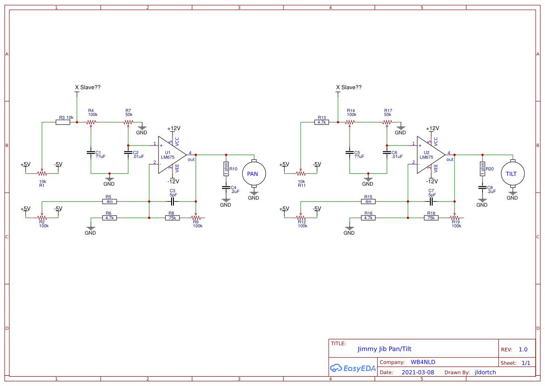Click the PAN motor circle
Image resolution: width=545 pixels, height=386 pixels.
253,173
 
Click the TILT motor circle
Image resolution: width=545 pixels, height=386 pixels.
512,173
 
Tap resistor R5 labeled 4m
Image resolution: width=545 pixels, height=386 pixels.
110,201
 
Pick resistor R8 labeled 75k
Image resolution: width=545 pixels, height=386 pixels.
172,218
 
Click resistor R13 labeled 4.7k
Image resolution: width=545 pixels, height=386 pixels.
322,122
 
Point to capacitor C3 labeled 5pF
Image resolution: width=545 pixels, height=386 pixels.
172,201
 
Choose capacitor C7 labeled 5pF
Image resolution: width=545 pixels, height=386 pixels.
431,201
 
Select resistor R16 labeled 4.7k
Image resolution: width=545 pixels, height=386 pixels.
368,218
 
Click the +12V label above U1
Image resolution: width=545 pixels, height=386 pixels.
173,128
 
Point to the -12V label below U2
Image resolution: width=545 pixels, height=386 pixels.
432,181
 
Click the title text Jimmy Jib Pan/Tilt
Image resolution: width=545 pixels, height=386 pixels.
385,349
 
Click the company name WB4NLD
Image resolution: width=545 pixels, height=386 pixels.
423,362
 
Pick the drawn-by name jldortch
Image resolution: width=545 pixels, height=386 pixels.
485,372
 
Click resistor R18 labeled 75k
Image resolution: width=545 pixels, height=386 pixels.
431,218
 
